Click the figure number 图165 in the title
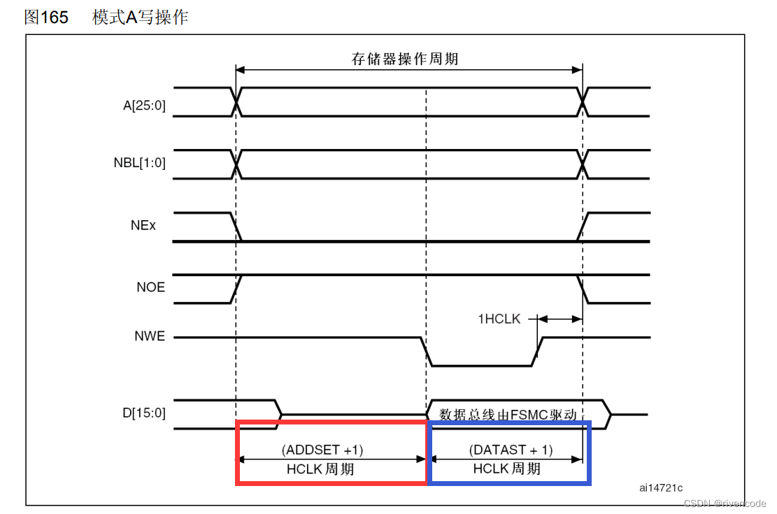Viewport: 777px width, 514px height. (46, 17)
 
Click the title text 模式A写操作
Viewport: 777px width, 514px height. (140, 17)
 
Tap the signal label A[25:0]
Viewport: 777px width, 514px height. (145, 106)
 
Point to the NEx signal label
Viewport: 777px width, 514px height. (143, 226)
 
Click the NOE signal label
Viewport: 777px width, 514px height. (151, 287)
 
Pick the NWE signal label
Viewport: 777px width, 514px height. (150, 336)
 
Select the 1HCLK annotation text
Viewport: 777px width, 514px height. (499, 319)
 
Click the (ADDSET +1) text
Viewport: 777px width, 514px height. (322, 449)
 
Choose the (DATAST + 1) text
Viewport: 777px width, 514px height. (511, 449)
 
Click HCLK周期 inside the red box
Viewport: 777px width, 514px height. (320, 469)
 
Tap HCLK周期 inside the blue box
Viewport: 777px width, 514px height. (506, 469)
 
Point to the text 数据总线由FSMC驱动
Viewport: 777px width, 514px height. (508, 415)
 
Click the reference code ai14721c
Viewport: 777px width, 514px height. (660, 487)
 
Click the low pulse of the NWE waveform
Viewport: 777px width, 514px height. (483, 365)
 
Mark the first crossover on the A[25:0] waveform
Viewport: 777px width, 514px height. (236, 102)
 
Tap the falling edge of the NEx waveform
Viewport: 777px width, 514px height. (236, 227)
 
